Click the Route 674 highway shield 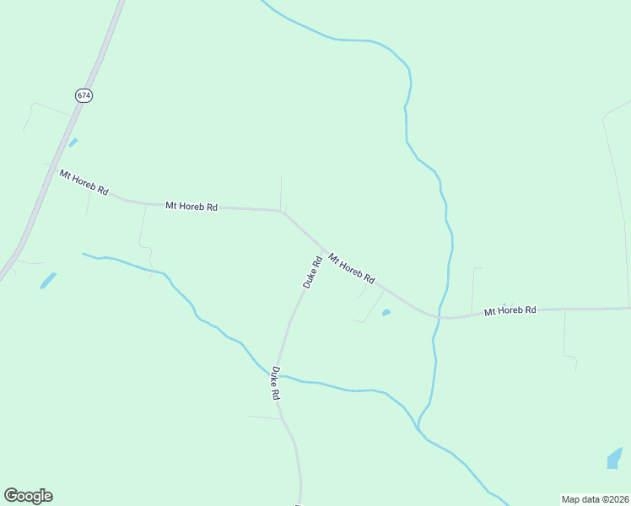click(84, 95)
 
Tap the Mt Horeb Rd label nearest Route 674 click(84, 183)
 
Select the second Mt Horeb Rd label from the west click(191, 206)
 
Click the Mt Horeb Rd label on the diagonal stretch click(351, 268)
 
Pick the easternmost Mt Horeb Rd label click(510, 311)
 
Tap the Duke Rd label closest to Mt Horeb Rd click(312, 272)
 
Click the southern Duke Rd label click(275, 383)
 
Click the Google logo click(28, 496)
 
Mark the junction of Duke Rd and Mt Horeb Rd click(324, 250)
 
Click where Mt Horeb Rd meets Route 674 click(51, 170)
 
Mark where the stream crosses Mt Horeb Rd click(440, 317)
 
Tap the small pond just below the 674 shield click(73, 143)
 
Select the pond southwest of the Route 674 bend click(48, 280)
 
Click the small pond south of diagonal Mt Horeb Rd click(386, 313)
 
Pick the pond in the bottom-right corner click(614, 458)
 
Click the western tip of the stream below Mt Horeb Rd click(84, 253)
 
